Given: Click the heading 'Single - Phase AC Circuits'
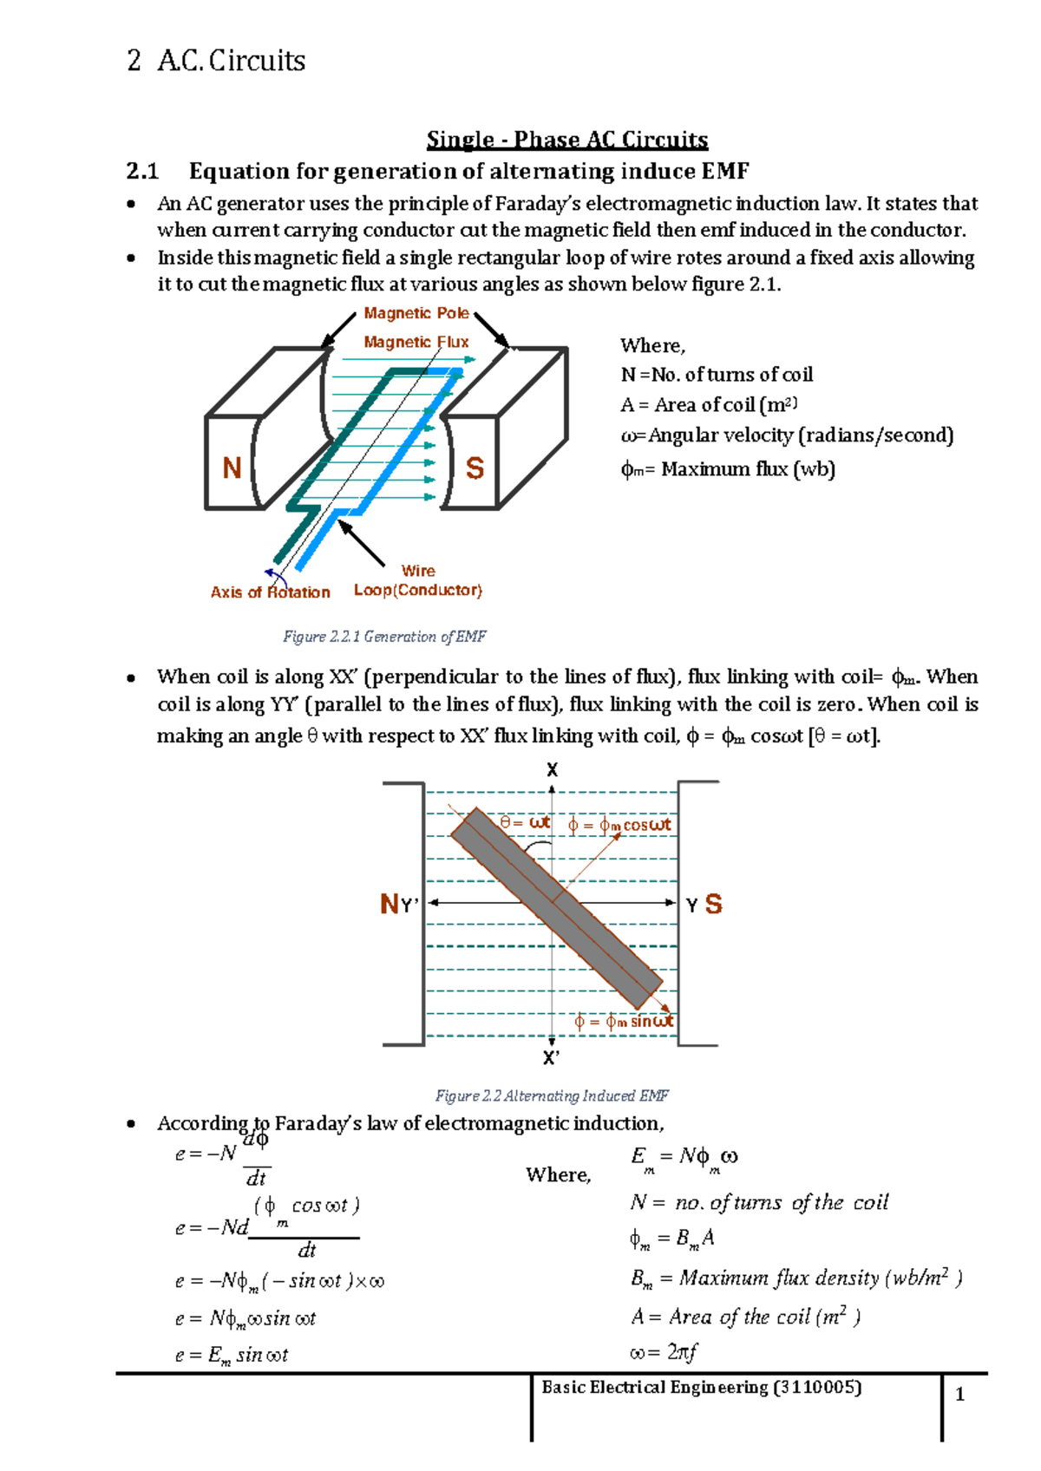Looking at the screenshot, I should tap(566, 140).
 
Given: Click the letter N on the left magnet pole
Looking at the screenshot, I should tap(232, 468).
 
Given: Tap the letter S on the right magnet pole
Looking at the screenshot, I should tap(475, 468).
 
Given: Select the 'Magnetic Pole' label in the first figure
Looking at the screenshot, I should tap(416, 313).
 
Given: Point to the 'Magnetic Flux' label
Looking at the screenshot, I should tap(416, 342).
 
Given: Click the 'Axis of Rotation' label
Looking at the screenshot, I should tap(270, 592).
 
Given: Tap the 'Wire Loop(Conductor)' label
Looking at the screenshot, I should tap(417, 581).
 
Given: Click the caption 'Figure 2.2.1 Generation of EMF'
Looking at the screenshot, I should tap(383, 637).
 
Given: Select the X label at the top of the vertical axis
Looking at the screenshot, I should tap(552, 770).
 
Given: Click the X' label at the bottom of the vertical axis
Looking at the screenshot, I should tap(552, 1058).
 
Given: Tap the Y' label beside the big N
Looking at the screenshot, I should tap(410, 905).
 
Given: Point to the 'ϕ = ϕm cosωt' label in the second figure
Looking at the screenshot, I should tap(619, 826).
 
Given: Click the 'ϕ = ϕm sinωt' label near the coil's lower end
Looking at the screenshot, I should tap(623, 1022).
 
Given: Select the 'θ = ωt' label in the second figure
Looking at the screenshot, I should tap(525, 822).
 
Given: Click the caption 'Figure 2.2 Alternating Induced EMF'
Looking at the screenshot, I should tap(551, 1095).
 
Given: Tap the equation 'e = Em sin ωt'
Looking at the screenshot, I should tap(231, 1355).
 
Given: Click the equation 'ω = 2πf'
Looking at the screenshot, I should tap(664, 1352).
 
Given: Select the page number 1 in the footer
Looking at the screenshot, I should tap(959, 1395).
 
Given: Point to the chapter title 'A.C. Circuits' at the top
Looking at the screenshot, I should tap(232, 61).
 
